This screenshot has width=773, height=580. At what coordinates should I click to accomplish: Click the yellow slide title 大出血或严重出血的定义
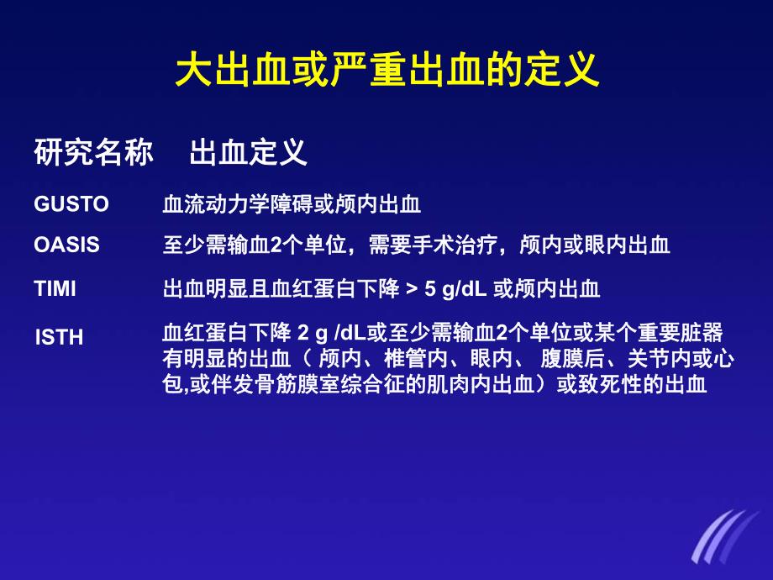click(x=386, y=71)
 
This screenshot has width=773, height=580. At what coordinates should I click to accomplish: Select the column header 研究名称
click(x=93, y=152)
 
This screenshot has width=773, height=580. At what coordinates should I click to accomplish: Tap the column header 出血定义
click(x=248, y=152)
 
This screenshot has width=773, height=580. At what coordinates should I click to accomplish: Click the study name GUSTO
click(x=71, y=204)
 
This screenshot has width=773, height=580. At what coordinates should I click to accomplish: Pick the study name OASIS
click(x=66, y=245)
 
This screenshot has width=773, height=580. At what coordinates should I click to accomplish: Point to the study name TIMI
click(x=55, y=289)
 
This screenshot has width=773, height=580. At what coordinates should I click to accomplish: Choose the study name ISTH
click(x=59, y=338)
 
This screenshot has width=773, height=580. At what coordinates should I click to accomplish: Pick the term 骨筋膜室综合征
click(x=303, y=386)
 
